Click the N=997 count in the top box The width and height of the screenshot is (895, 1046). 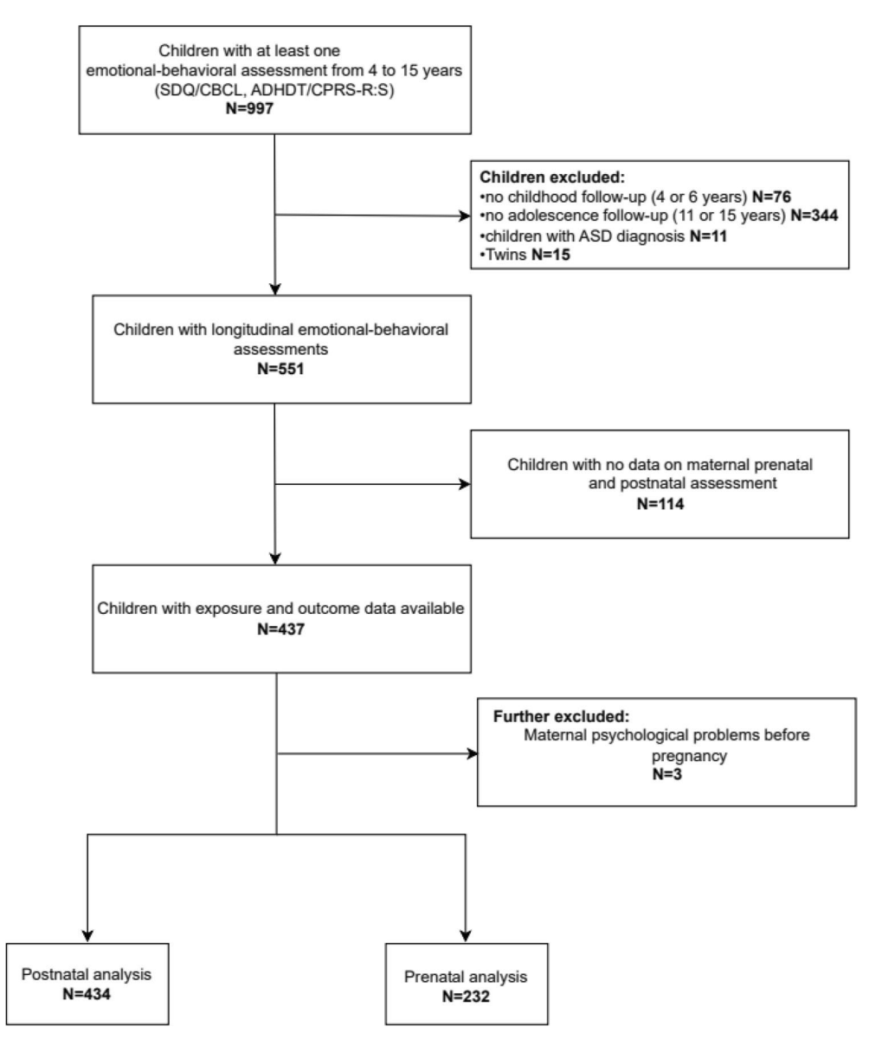pos(249,108)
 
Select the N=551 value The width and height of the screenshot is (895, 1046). pos(280,369)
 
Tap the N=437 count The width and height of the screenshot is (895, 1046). pos(280,629)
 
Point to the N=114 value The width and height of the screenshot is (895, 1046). pos(660,504)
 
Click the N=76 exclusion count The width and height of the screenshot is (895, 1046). pos(771,197)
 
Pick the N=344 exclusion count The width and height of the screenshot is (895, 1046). pos(815,216)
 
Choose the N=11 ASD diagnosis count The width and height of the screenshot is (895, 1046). pos(708,236)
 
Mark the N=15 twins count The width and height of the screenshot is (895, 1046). pos(551,255)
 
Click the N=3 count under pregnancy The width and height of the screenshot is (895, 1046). pos(666,774)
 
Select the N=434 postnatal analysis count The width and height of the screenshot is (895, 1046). pos(87,994)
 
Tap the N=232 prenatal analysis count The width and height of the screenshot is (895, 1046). pos(466,997)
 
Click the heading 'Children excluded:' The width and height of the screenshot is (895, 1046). pos(552,178)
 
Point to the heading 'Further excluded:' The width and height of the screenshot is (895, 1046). pos(562,717)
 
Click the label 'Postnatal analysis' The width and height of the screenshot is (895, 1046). pos(87,975)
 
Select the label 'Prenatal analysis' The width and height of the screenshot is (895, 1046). pos(466,977)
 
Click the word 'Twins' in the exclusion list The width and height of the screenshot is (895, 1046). pos(506,255)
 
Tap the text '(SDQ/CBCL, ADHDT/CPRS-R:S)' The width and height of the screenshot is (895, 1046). pos(274,89)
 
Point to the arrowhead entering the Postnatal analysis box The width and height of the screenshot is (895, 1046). pos(87,936)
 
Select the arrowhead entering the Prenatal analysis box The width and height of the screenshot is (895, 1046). pos(466,936)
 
